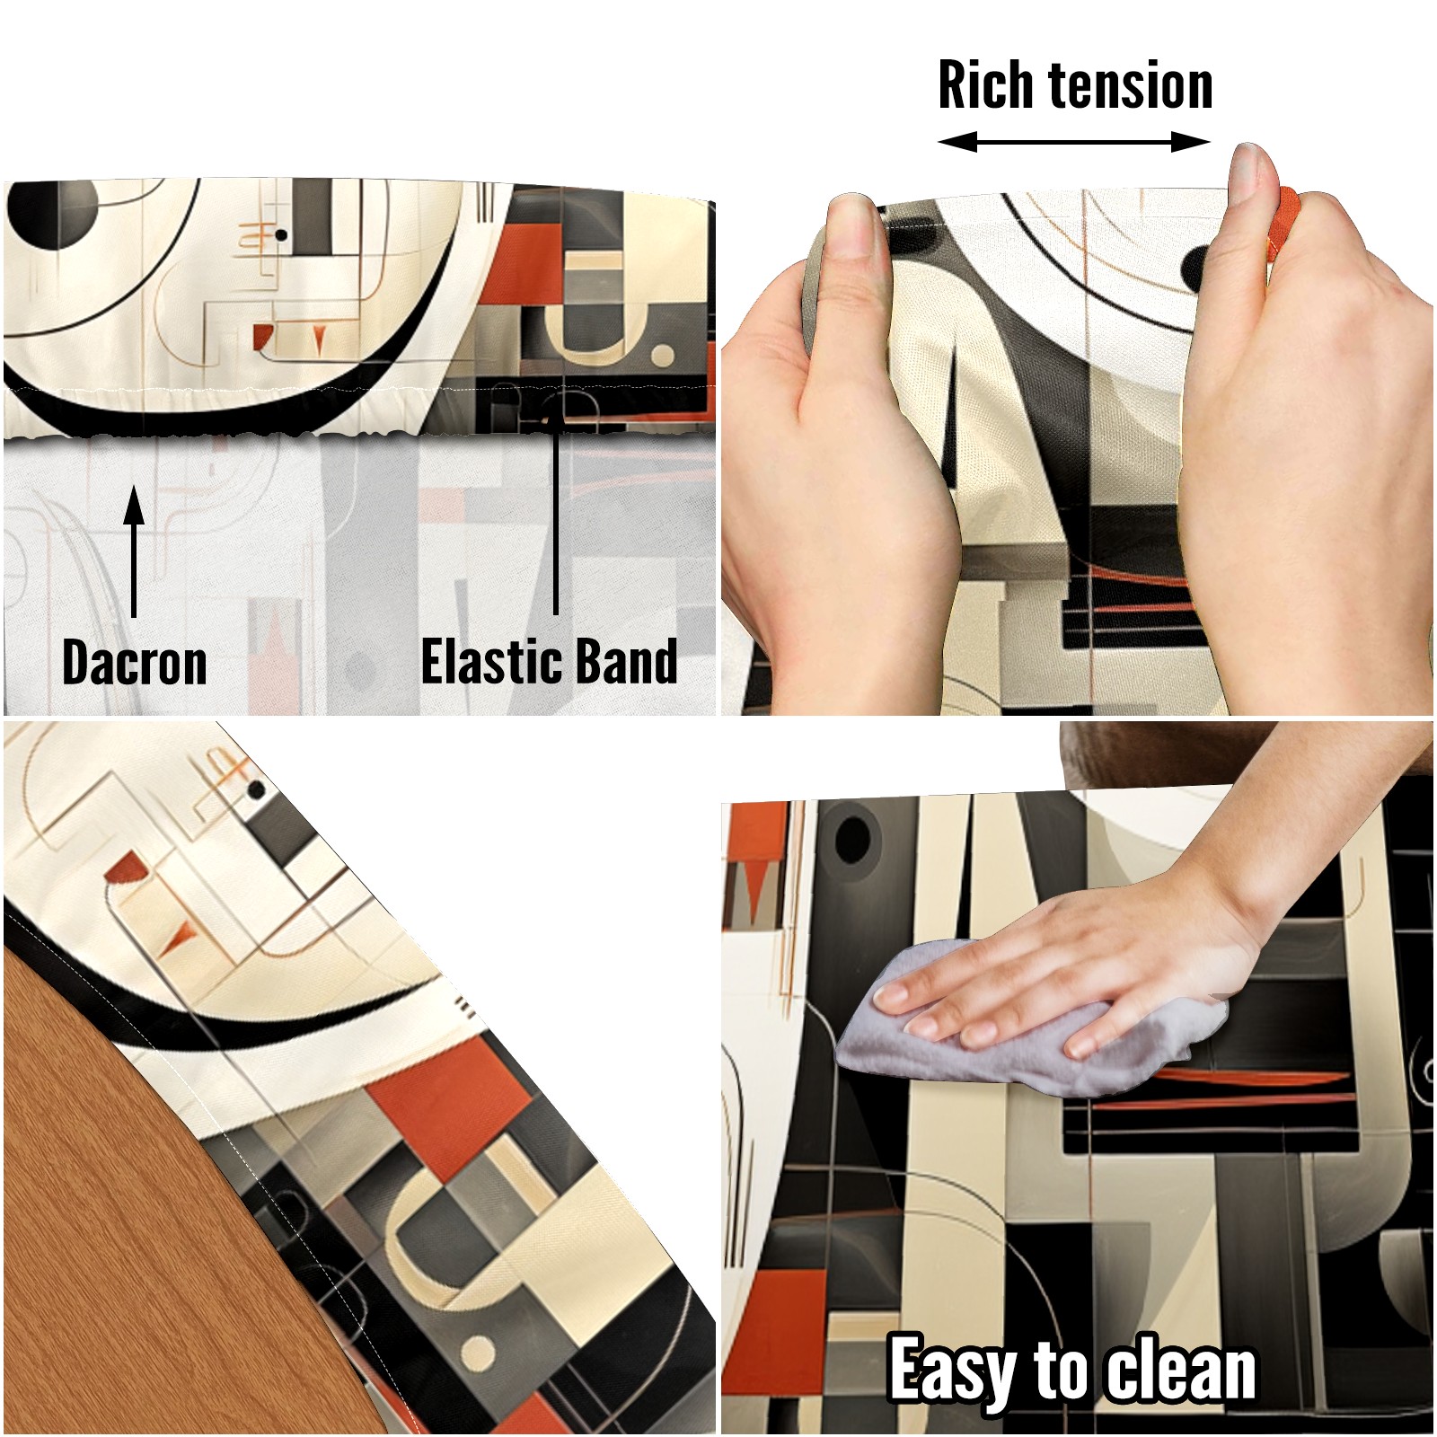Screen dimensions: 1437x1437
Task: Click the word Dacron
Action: coord(135,663)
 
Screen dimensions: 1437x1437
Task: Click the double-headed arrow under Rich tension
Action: coord(1074,142)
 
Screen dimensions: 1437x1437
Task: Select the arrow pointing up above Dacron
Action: coord(134,551)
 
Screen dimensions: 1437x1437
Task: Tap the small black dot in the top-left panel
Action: coord(281,235)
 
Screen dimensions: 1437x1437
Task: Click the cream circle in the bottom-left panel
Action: coord(477,1353)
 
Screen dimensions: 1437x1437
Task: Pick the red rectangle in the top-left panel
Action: coord(523,261)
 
